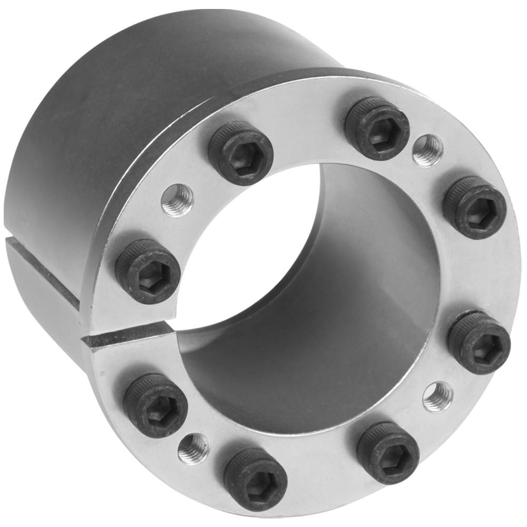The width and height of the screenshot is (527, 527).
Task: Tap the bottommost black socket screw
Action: (255, 479)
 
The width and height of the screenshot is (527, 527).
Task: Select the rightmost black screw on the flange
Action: (479, 343)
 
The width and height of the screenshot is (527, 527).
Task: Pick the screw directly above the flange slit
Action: (148, 271)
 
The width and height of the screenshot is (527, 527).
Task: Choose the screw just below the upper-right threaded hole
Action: (474, 207)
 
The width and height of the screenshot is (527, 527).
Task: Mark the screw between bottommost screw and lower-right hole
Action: (387, 452)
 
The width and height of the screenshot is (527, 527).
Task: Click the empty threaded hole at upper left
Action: (177, 200)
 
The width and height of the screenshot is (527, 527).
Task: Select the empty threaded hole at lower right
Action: (437, 397)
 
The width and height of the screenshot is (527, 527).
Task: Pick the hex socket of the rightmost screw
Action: (481, 346)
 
